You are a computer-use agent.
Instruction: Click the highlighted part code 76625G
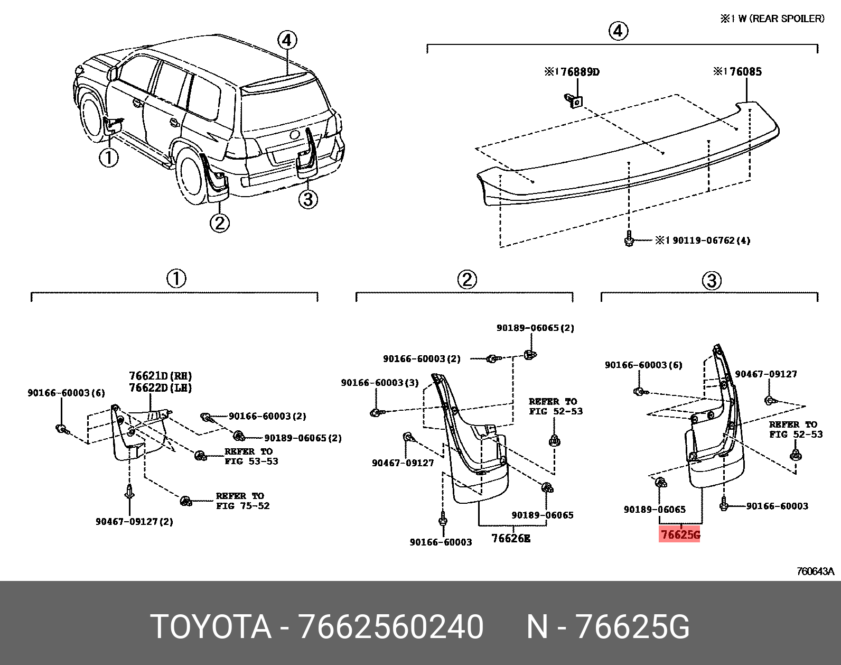680,535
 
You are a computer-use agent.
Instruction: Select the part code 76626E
510,538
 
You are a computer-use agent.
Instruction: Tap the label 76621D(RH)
160,376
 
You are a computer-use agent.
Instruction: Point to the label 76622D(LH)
160,387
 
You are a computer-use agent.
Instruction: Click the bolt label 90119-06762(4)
703,241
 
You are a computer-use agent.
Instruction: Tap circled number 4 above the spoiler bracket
618,31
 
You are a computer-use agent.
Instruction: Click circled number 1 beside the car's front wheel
109,158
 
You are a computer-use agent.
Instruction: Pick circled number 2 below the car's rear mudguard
219,223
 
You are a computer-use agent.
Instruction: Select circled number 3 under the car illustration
308,199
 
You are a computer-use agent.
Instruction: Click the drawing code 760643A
815,571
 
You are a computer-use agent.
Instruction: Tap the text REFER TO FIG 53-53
251,456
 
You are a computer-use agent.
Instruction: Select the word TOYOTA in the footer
211,627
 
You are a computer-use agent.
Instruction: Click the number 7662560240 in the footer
390,627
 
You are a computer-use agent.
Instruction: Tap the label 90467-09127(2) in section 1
134,522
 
